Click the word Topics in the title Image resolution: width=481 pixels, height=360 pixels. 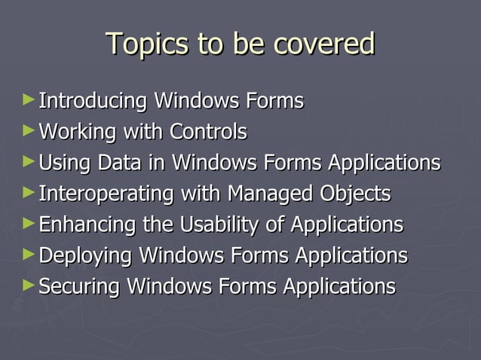(x=147, y=44)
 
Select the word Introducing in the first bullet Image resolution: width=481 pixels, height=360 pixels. (x=93, y=100)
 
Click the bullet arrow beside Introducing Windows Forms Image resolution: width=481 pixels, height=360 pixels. (x=29, y=99)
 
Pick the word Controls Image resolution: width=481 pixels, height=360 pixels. (x=208, y=132)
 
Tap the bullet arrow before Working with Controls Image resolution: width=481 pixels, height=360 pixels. (x=29, y=130)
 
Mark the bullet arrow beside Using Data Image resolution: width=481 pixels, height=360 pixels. (x=29, y=160)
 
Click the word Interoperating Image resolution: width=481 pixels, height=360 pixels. (x=105, y=194)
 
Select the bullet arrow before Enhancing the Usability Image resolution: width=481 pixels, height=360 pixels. (x=29, y=222)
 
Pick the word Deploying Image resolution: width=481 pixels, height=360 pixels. (x=85, y=255)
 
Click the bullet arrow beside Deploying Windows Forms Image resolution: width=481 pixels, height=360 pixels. (x=29, y=253)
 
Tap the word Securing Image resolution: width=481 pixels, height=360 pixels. (x=79, y=286)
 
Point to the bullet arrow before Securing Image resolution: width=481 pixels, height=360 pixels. (x=29, y=285)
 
